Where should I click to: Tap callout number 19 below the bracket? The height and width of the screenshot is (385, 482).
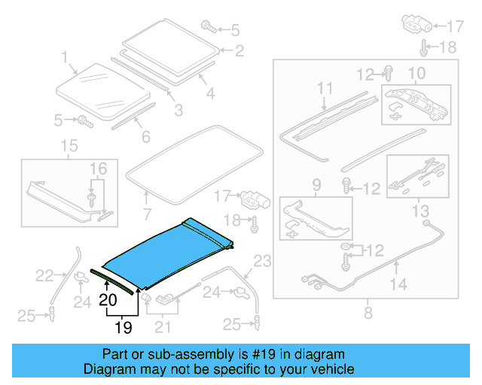(123, 327)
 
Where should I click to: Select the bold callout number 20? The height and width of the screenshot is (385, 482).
(108, 300)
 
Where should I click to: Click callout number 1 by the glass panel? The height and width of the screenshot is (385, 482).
(65, 56)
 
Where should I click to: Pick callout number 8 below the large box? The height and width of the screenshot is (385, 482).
(368, 311)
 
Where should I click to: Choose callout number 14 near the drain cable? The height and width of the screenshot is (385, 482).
(398, 284)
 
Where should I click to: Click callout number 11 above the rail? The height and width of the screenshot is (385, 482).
(324, 89)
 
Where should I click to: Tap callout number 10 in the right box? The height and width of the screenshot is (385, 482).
(416, 73)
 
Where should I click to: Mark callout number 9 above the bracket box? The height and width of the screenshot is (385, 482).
(316, 184)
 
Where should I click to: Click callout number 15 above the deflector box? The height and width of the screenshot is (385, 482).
(69, 145)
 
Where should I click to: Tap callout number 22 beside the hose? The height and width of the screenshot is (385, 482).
(45, 276)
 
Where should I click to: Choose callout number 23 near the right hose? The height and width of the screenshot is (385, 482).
(261, 262)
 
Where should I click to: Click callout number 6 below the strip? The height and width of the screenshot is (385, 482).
(145, 137)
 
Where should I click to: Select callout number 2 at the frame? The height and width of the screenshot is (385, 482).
(239, 51)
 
